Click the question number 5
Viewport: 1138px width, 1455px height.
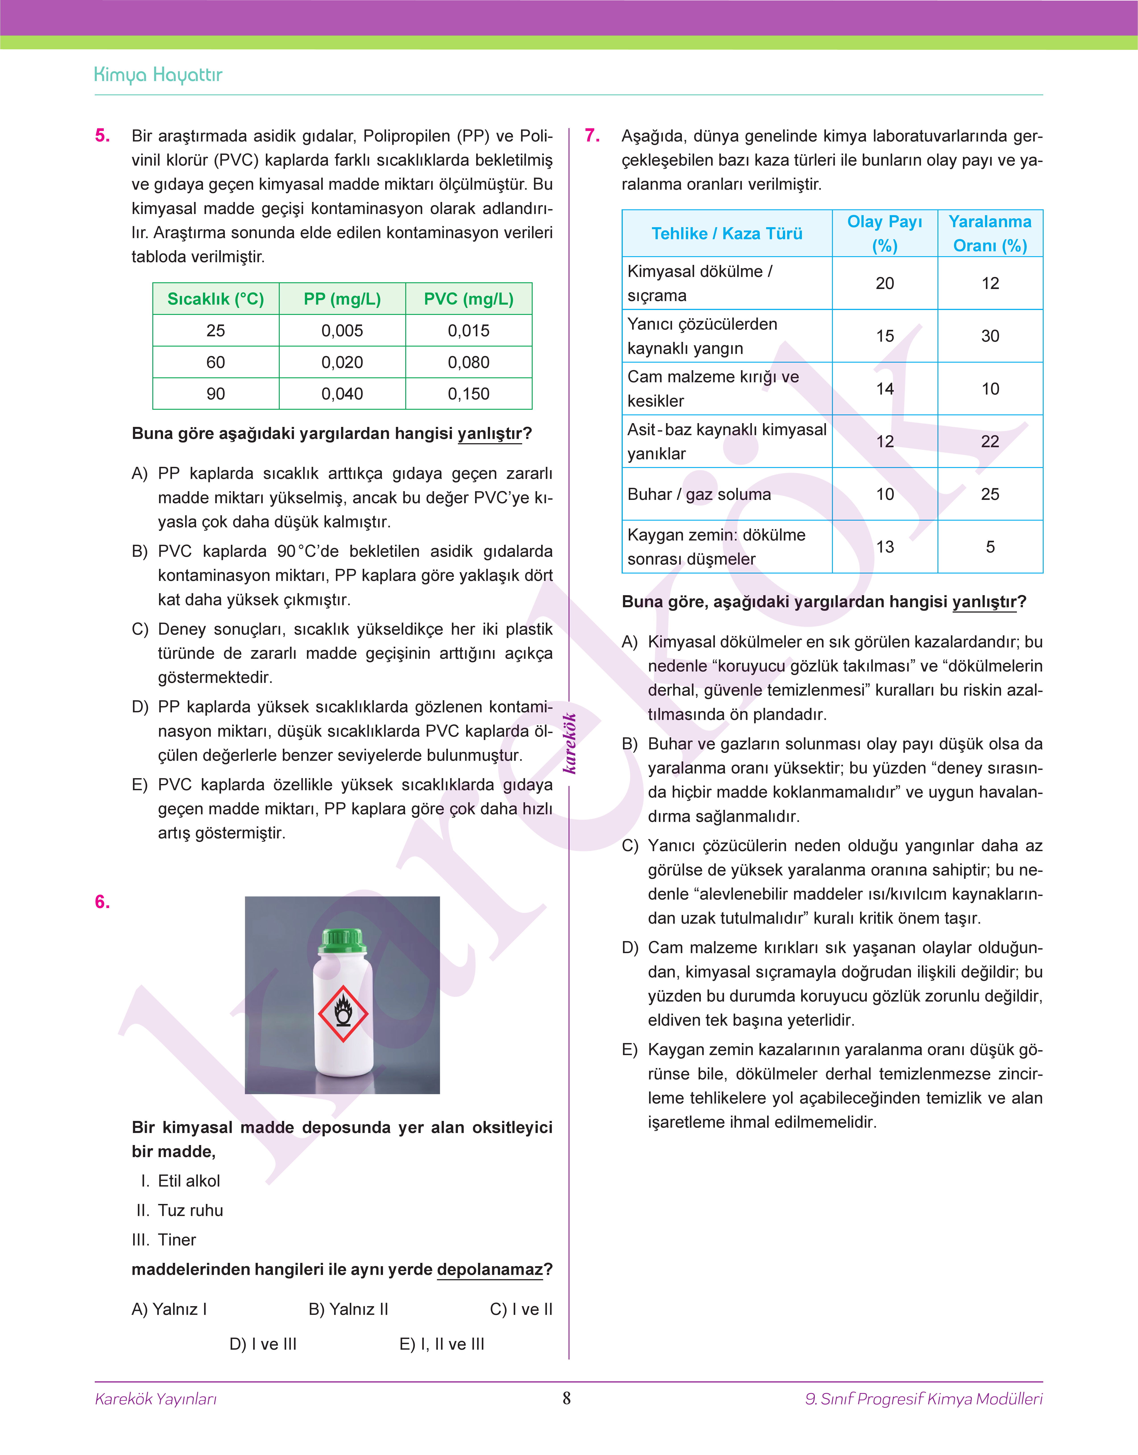coord(102,136)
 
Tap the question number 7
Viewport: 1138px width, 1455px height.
coord(592,136)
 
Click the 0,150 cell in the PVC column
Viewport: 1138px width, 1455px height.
coord(468,394)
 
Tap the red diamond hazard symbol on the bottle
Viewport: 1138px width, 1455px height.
coord(343,1013)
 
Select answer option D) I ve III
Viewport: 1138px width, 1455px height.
coord(263,1344)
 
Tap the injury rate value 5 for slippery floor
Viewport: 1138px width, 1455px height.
coord(990,547)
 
